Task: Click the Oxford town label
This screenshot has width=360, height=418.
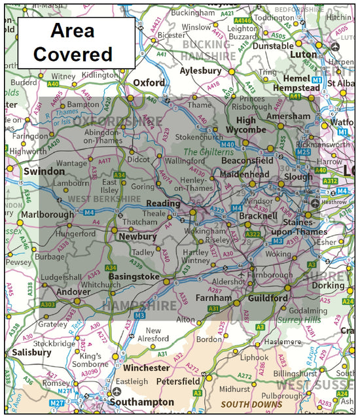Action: coord(150,83)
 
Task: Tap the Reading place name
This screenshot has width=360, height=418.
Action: coord(163,204)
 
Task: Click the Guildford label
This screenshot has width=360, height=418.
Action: coord(268,298)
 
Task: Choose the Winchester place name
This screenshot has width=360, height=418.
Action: coord(147,368)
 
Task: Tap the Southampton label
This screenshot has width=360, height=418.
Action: coord(142,402)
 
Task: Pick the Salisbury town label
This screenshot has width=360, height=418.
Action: coord(31,352)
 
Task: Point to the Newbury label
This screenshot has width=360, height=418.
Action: coord(137,236)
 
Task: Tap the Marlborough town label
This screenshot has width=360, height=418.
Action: coord(47,215)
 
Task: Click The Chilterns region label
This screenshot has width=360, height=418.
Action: coord(207,152)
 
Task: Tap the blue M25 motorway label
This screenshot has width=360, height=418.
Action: coord(303,152)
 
